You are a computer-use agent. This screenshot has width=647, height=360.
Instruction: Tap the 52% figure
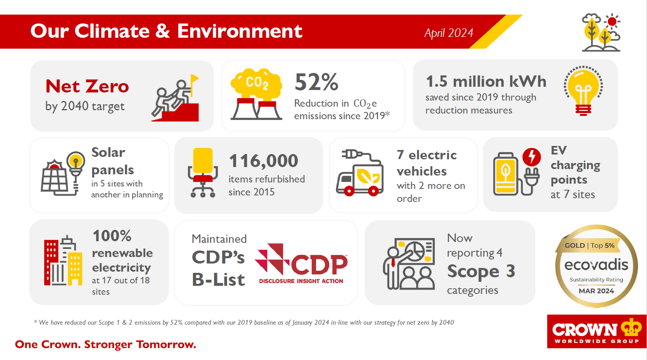(x=316, y=82)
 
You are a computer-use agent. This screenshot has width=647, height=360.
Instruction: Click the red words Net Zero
(x=87, y=86)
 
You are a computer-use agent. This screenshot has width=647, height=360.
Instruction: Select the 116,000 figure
(x=263, y=161)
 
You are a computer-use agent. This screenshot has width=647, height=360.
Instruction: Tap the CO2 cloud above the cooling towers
(x=256, y=84)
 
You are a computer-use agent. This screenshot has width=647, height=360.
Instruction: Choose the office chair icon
(x=203, y=173)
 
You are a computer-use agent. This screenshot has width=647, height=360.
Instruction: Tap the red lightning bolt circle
(x=531, y=157)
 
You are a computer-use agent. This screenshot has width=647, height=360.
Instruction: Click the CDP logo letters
(x=319, y=264)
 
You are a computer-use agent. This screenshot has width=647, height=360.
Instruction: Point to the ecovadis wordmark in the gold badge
(x=596, y=265)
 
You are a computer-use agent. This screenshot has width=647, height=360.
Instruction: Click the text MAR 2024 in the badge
(x=596, y=291)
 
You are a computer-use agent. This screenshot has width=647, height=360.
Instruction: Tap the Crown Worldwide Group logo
(x=597, y=331)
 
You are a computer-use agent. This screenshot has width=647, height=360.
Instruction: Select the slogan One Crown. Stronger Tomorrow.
(x=105, y=345)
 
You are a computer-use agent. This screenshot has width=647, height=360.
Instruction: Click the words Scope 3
(x=481, y=271)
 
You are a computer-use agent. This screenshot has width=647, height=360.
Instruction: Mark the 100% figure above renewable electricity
(x=112, y=236)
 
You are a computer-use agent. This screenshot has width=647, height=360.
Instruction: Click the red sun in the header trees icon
(x=612, y=21)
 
